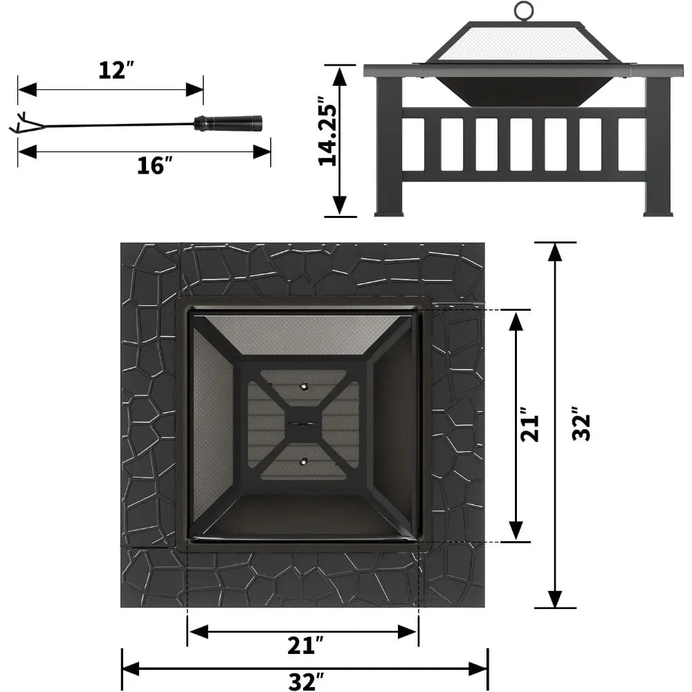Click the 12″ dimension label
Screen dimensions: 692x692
click(116, 70)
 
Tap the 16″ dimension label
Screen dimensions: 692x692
click(154, 165)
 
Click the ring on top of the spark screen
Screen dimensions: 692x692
click(523, 10)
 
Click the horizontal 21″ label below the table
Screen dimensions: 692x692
click(305, 645)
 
